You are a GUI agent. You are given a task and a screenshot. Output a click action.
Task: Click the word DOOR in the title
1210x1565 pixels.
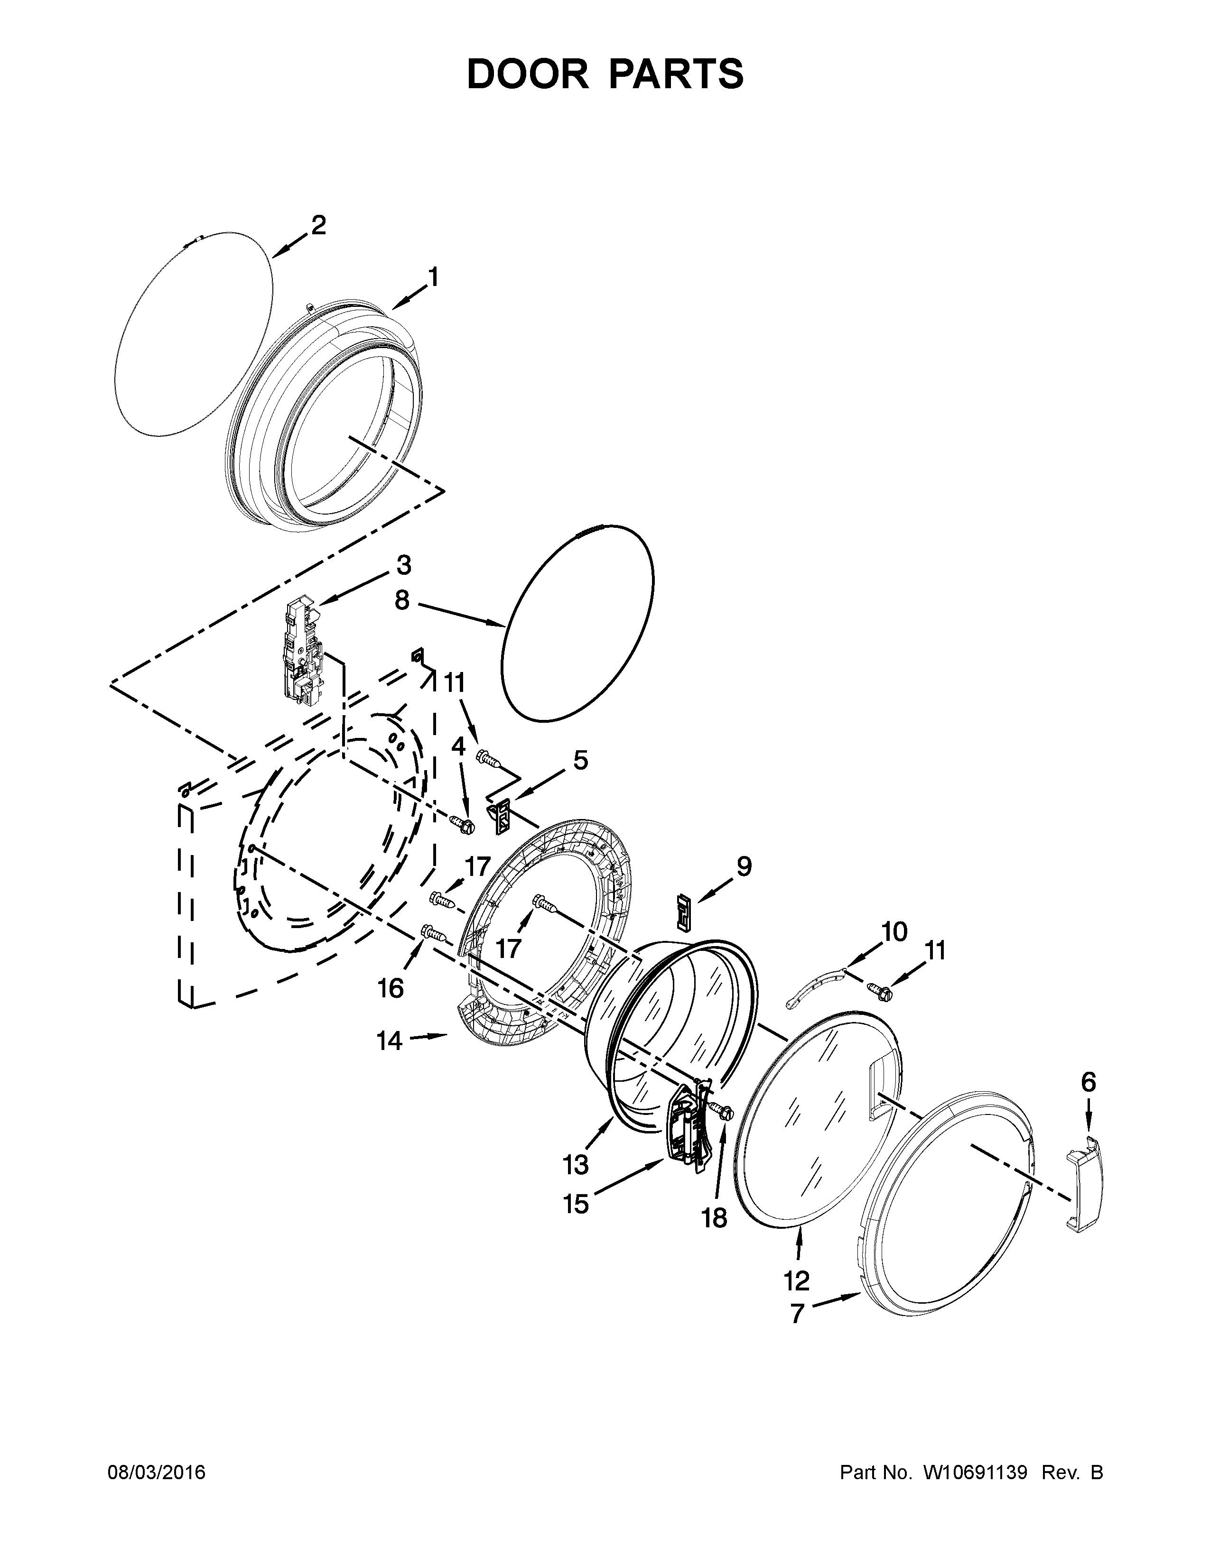526,74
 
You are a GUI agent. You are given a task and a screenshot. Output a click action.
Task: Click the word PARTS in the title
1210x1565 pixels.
676,74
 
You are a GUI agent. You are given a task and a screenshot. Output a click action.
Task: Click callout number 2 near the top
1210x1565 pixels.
318,226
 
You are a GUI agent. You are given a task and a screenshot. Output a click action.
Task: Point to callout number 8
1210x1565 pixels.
402,600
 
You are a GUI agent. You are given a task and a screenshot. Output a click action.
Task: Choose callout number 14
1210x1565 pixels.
390,1040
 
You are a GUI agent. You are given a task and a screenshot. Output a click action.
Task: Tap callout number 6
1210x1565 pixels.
1088,1083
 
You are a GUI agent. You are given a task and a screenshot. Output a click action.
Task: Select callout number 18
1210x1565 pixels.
715,1217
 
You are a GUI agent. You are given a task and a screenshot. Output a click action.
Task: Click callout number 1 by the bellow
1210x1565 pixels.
432,276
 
